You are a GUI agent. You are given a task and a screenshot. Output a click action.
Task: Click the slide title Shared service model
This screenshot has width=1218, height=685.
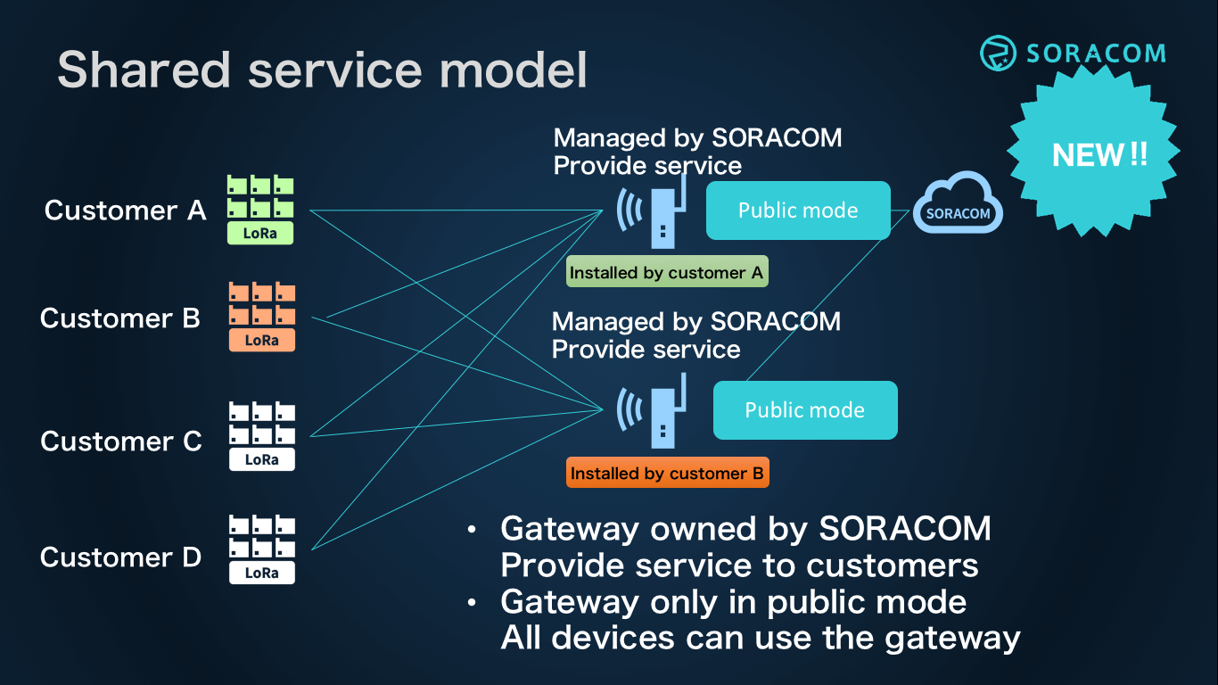pos(322,70)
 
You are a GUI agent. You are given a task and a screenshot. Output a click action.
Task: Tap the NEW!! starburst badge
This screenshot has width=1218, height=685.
pos(1099,155)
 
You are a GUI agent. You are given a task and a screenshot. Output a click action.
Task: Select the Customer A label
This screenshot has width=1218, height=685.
pos(126,210)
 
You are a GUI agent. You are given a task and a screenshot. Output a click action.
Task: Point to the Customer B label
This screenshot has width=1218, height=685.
pos(120,318)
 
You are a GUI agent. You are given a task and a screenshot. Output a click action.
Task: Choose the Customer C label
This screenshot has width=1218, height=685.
pos(121,442)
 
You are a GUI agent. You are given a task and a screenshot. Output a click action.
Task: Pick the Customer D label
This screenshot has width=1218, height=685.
pos(121,557)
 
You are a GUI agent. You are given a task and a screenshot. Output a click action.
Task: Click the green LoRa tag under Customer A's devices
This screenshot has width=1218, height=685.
pos(261,235)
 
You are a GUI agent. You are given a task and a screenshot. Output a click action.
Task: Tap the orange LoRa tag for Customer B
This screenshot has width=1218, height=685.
pos(261,341)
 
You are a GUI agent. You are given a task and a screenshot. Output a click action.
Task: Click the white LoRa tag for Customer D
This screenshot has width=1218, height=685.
pos(261,574)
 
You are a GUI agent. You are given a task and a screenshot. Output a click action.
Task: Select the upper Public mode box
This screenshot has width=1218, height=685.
pos(798,210)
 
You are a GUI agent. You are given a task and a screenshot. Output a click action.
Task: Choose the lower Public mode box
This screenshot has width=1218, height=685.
pos(805,410)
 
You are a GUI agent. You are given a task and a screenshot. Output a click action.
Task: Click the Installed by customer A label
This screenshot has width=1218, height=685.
pos(667,273)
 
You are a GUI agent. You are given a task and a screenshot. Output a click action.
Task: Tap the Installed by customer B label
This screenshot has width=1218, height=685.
pos(667,474)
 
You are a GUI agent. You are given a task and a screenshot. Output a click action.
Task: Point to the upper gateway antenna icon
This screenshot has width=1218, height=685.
pos(655,212)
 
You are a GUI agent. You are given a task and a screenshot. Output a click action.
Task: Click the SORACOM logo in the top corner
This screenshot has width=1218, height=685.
pos(1073,54)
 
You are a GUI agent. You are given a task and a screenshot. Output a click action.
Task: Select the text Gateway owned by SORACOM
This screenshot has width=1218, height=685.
pos(745,529)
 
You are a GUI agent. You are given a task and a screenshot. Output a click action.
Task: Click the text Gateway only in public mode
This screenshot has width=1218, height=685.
pos(733,602)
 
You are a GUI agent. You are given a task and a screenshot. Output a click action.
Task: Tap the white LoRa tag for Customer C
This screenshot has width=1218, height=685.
pos(261,460)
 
